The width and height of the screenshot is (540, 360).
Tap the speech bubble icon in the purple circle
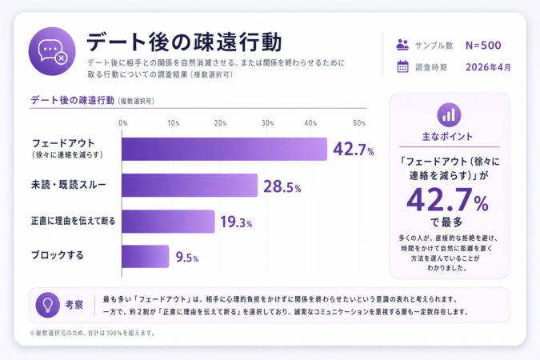click(52, 50)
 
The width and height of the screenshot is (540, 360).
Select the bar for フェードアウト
click(224, 149)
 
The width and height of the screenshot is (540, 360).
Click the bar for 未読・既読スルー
click(190, 186)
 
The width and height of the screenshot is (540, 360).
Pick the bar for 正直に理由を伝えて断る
click(168, 222)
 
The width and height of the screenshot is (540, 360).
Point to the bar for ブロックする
click(145, 256)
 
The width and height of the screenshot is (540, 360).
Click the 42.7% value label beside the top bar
click(354, 150)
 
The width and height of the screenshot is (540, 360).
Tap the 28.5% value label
click(282, 186)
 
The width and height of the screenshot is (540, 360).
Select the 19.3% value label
click(236, 223)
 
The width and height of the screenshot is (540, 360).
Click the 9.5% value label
click(186, 258)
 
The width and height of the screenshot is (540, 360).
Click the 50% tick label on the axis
click(359, 123)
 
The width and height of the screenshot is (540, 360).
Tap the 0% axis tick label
click(123, 123)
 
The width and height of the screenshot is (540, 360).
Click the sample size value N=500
click(483, 46)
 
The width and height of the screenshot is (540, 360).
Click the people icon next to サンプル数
click(402, 46)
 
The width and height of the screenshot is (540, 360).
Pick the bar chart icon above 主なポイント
click(450, 114)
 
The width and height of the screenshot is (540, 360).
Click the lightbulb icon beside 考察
click(48, 304)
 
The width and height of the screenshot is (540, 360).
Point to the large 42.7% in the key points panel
click(448, 198)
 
